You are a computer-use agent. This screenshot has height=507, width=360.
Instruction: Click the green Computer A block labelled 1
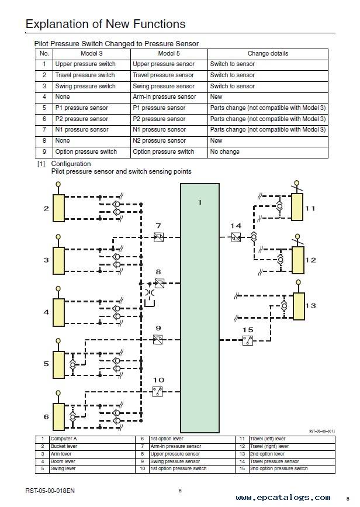click(x=200, y=308)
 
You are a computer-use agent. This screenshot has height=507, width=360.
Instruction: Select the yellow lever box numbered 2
click(x=58, y=208)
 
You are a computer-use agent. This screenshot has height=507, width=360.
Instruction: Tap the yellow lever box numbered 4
click(x=58, y=312)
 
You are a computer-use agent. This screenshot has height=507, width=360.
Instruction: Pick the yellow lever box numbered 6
click(x=58, y=417)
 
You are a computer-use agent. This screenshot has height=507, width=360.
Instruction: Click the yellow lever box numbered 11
click(x=297, y=207)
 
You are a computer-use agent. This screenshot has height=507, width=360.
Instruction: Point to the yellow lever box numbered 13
click(x=299, y=306)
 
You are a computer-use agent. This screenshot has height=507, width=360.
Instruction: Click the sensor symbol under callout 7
click(x=158, y=237)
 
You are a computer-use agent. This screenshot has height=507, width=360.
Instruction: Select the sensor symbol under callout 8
click(x=160, y=283)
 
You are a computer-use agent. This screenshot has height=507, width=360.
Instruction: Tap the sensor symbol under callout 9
click(x=158, y=340)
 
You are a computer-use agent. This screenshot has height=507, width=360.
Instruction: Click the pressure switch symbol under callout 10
click(x=157, y=392)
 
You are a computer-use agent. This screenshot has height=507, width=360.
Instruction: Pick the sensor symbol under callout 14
click(x=236, y=237)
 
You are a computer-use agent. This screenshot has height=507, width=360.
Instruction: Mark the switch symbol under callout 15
click(x=248, y=340)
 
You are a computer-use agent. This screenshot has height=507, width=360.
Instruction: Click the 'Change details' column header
click(x=268, y=53)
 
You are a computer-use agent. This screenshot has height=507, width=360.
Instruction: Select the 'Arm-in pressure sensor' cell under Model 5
click(x=164, y=96)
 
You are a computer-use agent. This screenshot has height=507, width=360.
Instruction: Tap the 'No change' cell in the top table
click(x=224, y=151)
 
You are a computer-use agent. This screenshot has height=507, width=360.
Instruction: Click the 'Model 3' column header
click(x=91, y=53)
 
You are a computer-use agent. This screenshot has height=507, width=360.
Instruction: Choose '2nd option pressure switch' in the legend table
click(x=279, y=468)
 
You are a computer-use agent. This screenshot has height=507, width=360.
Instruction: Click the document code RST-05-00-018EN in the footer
click(x=50, y=491)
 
